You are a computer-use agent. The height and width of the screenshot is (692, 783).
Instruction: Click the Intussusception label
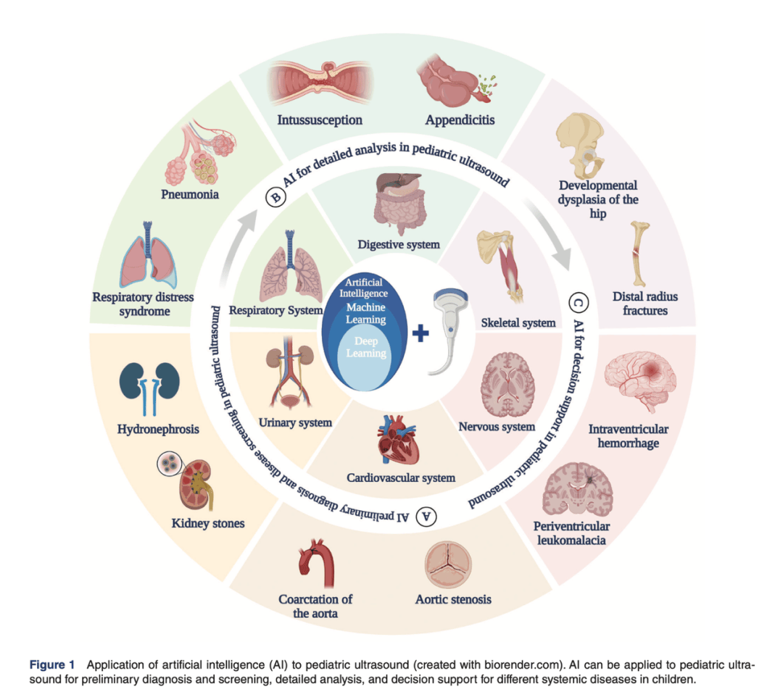pos(320,119)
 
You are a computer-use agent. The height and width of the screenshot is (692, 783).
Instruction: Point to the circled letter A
pos(428,516)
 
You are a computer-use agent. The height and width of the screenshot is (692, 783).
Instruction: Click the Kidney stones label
pos(208,522)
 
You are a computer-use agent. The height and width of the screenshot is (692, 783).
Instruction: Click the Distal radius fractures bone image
pos(639,254)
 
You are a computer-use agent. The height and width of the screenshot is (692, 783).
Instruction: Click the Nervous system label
pos(497,427)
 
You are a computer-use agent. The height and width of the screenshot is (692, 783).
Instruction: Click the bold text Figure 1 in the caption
pos(51,664)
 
